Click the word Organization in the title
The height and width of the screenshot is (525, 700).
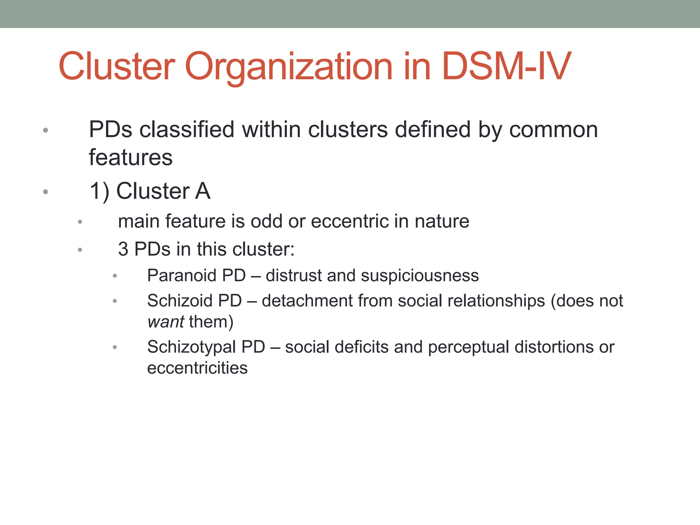(x=288, y=67)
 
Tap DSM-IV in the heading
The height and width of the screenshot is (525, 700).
(x=506, y=66)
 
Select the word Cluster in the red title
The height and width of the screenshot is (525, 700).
(x=117, y=66)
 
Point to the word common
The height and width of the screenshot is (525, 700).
(x=553, y=130)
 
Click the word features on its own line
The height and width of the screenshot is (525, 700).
(x=131, y=158)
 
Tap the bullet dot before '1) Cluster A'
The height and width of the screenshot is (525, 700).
(x=45, y=192)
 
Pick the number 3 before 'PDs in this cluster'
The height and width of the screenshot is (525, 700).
(x=123, y=249)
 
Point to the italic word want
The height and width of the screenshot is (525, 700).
(x=166, y=322)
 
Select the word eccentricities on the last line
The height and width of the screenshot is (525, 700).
(x=197, y=368)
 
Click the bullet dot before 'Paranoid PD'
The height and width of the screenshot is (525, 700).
(x=115, y=276)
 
